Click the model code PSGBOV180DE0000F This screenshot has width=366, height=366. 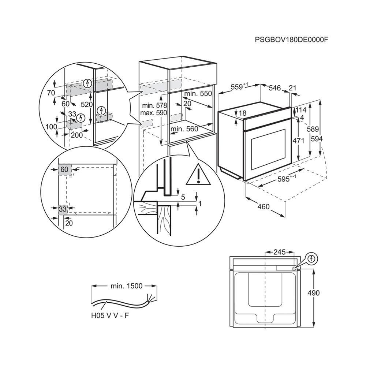[291, 40]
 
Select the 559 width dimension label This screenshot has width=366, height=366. [239, 87]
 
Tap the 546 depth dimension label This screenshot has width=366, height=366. [274, 88]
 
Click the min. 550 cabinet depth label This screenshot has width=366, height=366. [198, 94]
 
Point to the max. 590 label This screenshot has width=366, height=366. [153, 113]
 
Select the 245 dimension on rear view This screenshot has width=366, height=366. [279, 252]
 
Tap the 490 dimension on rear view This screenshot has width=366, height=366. [313, 293]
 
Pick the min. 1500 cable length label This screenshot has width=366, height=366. [126, 286]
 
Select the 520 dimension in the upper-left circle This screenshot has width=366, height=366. [86, 104]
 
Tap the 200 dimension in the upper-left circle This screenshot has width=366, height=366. [76, 135]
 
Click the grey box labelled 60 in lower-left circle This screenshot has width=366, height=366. [64, 169]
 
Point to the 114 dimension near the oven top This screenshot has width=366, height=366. [301, 110]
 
